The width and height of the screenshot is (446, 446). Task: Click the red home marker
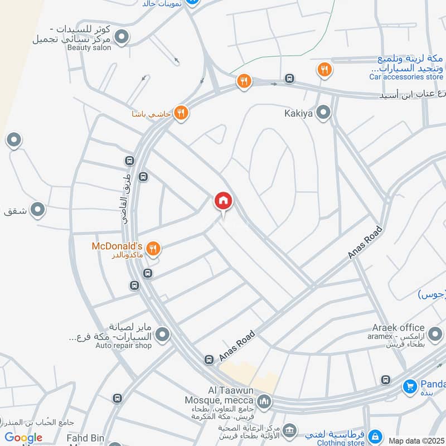click(x=224, y=201)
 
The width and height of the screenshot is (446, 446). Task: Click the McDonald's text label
click(x=118, y=246)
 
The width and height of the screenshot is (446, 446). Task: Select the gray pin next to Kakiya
click(x=323, y=114)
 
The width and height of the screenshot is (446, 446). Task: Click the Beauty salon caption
click(x=89, y=47)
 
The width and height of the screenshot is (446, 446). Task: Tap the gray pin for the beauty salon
click(x=122, y=37)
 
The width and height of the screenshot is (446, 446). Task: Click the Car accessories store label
click(x=406, y=76)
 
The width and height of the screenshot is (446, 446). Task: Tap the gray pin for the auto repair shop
click(x=162, y=334)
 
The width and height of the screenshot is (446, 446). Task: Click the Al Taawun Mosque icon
click(x=264, y=400)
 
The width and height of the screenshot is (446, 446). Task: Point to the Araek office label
click(x=400, y=328)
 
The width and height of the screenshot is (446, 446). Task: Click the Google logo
click(x=23, y=437)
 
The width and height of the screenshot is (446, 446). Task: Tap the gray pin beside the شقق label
click(x=37, y=210)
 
